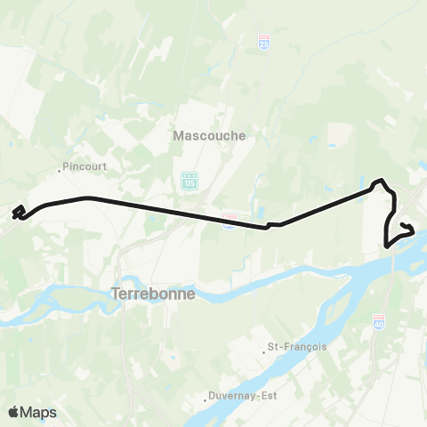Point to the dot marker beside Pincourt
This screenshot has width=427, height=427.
60,168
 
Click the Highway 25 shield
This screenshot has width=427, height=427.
264,42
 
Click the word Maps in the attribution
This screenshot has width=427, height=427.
38,412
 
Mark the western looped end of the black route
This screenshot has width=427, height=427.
18,212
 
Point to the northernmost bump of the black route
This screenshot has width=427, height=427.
382,181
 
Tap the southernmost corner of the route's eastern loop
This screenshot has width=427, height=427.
386,245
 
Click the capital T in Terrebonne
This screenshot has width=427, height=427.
115,294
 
